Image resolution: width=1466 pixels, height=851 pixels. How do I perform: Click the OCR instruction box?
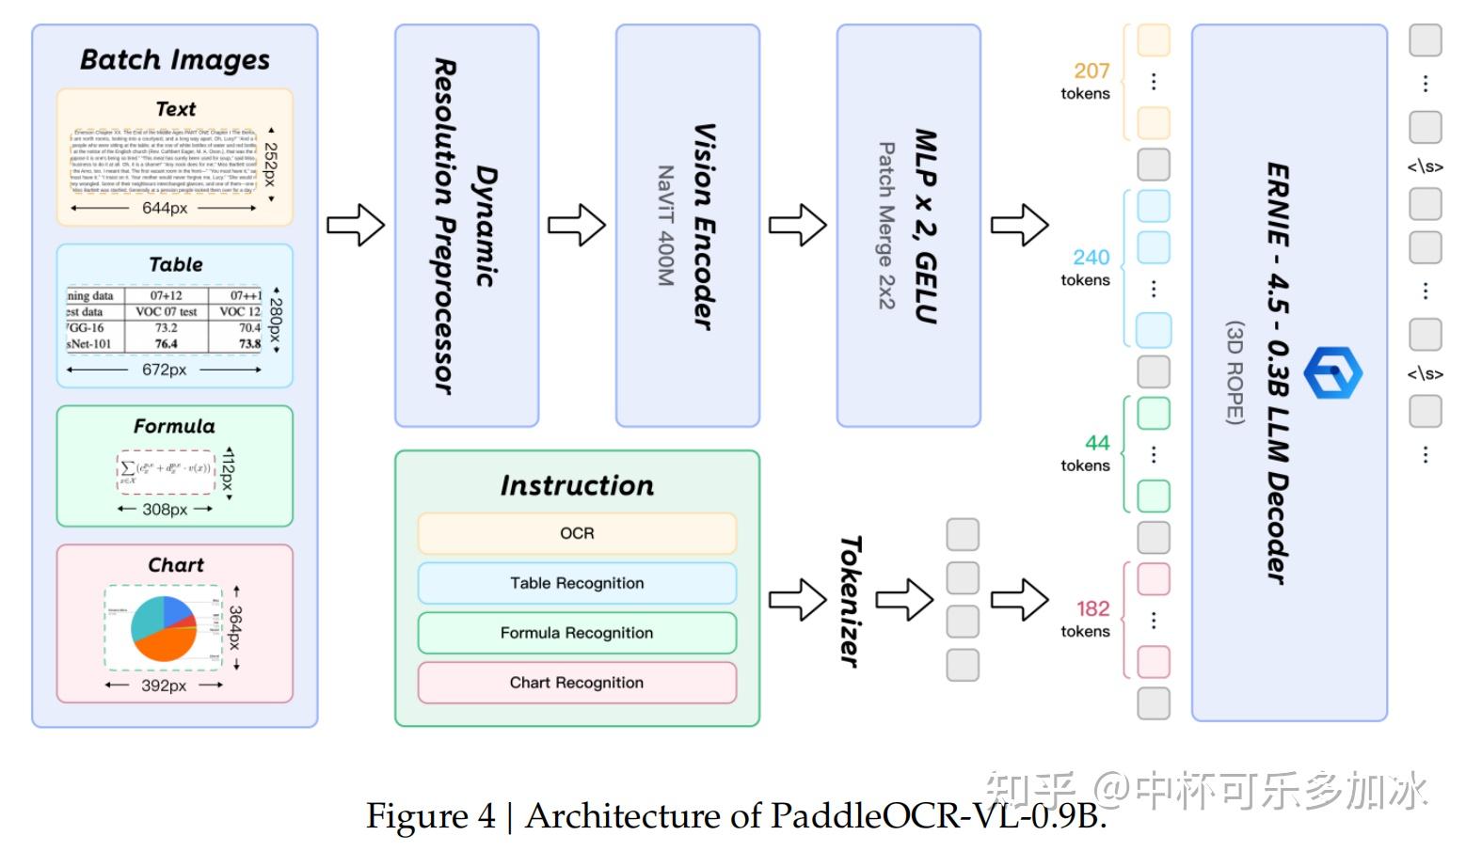pyautogui.click(x=577, y=533)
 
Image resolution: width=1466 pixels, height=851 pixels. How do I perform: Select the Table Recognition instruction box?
pyautogui.click(x=577, y=583)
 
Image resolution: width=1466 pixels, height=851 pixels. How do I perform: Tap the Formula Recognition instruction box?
pyautogui.click(x=577, y=633)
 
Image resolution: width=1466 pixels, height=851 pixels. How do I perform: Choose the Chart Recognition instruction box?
pyautogui.click(x=577, y=683)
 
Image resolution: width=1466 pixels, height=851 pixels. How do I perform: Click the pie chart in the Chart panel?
pyautogui.click(x=164, y=628)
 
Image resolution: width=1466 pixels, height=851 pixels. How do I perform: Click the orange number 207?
pyautogui.click(x=1092, y=71)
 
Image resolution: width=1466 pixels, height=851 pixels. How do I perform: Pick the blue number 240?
pyautogui.click(x=1092, y=257)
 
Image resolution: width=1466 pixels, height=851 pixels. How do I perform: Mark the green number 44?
pyautogui.click(x=1097, y=443)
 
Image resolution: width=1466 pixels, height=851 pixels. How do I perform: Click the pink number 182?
pyautogui.click(x=1092, y=608)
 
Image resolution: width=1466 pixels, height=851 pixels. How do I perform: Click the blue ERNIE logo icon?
pyautogui.click(x=1332, y=373)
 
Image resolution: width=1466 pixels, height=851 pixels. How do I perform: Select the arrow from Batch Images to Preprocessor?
pyautogui.click(x=356, y=226)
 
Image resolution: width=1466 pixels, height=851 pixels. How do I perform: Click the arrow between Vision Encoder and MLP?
pyautogui.click(x=797, y=226)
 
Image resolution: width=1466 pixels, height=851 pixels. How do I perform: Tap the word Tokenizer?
pyautogui.click(x=850, y=602)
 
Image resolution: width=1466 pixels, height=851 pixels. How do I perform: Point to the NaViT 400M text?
pyautogui.click(x=665, y=226)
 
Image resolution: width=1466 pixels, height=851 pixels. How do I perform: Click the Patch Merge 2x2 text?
pyautogui.click(x=886, y=226)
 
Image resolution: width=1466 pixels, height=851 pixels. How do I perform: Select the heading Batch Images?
pyautogui.click(x=175, y=60)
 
